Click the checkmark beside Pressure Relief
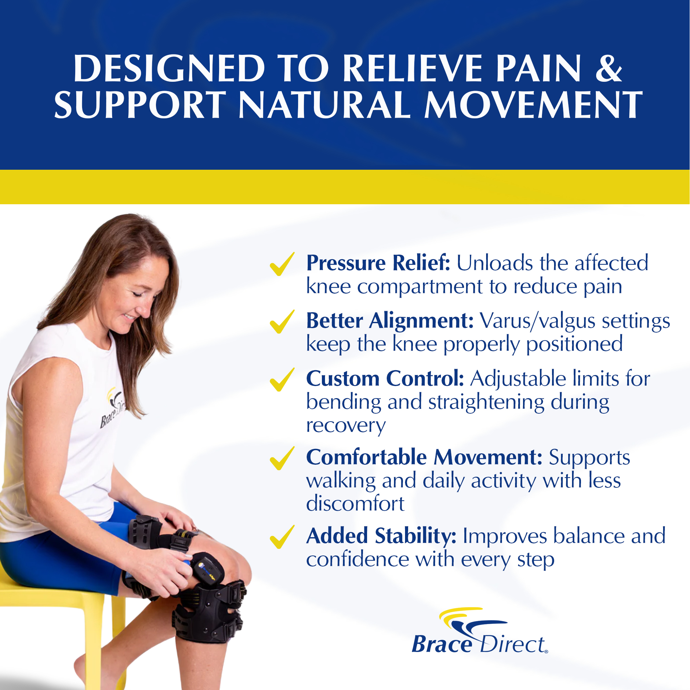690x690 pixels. click(x=282, y=264)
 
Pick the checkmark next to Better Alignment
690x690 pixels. click(x=282, y=322)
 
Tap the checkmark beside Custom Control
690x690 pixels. click(x=282, y=379)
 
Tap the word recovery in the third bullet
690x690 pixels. click(x=346, y=426)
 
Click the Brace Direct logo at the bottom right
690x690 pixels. click(x=479, y=631)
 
